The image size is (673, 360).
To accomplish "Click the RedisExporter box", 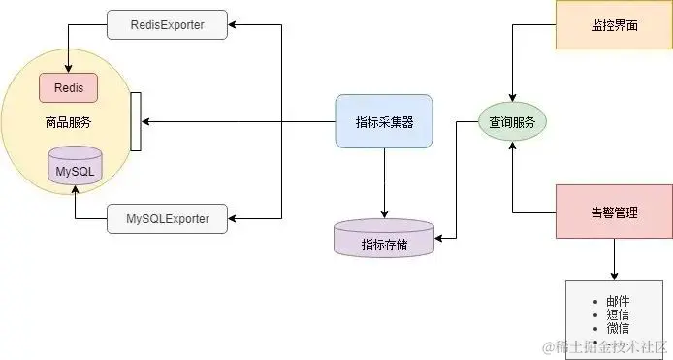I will [x=167, y=24].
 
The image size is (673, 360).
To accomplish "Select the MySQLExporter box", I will [x=167, y=217].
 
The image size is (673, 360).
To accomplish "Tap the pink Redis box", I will [x=68, y=87].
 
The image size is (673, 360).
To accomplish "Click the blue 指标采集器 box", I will [x=384, y=122].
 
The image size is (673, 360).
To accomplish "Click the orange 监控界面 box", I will [x=614, y=24].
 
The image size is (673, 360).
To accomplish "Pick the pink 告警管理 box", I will [x=614, y=212].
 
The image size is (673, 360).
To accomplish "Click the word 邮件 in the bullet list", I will [x=618, y=302].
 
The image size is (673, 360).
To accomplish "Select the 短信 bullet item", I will [x=618, y=314].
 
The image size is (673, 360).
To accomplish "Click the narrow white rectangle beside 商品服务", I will [x=135, y=121].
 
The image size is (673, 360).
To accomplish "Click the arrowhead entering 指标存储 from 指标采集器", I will [x=384, y=214].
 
